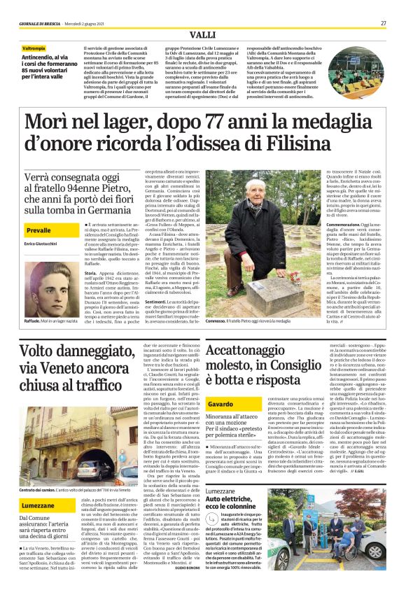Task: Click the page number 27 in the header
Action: (x=384, y=23)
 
